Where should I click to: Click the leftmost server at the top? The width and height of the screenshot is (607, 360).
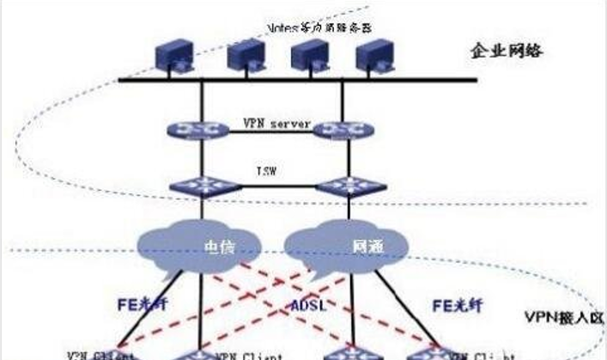pos(172,56)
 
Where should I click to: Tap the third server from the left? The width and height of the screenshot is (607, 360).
pos(305,56)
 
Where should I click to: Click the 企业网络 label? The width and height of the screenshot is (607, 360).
pos(508,52)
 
